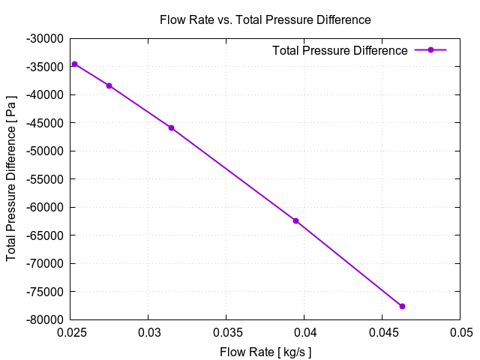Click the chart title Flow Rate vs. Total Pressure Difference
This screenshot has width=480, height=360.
point(265,19)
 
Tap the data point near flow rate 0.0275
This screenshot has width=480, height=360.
point(109,85)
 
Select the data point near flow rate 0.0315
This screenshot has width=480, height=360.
point(171,127)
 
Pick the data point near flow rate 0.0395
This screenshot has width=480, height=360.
point(295,220)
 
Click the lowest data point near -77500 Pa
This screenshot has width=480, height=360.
point(402,306)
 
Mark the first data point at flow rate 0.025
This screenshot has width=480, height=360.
point(74,64)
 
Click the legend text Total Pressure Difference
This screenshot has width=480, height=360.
point(340,51)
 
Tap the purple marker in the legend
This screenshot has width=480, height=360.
point(430,50)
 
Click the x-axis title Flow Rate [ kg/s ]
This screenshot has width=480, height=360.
point(265,352)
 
